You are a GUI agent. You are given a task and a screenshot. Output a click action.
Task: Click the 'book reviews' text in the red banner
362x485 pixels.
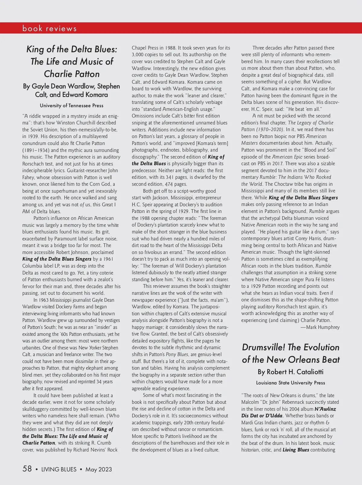click(49, 28)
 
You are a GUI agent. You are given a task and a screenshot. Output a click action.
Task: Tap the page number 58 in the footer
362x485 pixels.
click(27, 469)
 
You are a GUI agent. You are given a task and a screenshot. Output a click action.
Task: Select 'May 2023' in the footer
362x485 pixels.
click(99, 469)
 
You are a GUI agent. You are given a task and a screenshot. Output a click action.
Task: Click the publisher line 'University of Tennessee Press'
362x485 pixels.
click(71, 106)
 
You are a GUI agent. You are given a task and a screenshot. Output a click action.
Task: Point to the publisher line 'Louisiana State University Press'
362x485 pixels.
click(291, 383)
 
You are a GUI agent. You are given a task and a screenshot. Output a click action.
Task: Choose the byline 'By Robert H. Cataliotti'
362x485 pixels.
click(291, 372)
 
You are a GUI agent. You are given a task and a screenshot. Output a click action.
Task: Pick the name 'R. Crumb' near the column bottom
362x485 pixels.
click(101, 443)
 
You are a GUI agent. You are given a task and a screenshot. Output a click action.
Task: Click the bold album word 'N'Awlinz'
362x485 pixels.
click(325, 409)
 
